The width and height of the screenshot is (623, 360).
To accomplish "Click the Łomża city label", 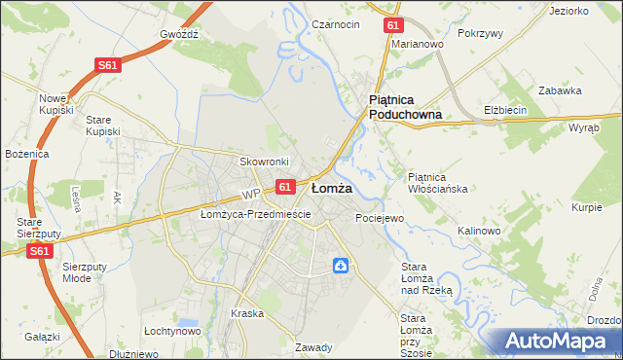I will (x=331, y=187).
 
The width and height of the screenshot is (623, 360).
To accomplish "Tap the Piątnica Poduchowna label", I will (x=405, y=107).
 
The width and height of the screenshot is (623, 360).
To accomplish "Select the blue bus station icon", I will (x=341, y=265).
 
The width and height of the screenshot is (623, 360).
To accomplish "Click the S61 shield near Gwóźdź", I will (x=108, y=65).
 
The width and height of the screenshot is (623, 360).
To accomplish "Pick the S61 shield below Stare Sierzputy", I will (x=38, y=251).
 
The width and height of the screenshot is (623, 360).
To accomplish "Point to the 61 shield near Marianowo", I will (x=391, y=25).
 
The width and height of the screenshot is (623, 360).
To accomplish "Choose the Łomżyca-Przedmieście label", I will (x=255, y=214).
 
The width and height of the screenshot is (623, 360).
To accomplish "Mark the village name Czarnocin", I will (x=336, y=24).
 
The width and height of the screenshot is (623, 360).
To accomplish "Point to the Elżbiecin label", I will (x=505, y=110).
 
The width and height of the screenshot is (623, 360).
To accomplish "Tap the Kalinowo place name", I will (x=479, y=231).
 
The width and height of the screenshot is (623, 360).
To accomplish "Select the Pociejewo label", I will (x=380, y=218).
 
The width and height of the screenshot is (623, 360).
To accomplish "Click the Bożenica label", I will (x=25, y=155).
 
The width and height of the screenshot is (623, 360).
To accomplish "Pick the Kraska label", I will (x=247, y=313).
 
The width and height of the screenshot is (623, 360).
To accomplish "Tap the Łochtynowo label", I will (x=172, y=331).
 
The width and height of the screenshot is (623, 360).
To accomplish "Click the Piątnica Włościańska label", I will (x=439, y=182).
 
